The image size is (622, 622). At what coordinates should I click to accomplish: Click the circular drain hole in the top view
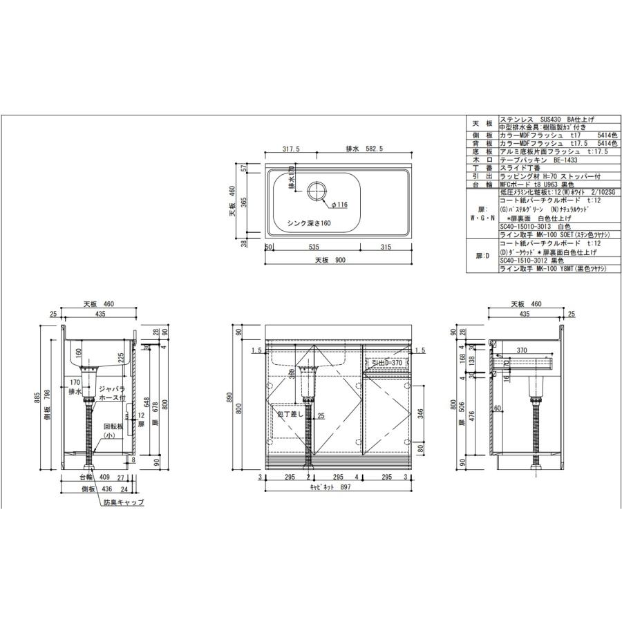(318, 191)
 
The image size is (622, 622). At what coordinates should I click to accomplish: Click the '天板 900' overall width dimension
(330, 261)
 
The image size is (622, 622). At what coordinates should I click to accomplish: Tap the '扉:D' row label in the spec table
(482, 256)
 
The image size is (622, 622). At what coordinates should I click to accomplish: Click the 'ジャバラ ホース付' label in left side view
(111, 393)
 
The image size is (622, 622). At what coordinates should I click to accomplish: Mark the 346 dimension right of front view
(421, 414)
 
